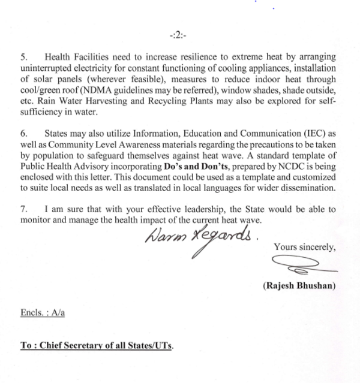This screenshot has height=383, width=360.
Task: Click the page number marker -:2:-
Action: (178, 35)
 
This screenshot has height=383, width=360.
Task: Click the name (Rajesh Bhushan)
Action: (299, 285)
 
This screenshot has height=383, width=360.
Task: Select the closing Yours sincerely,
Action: (304, 246)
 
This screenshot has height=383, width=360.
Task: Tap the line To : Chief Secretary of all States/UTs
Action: (97, 346)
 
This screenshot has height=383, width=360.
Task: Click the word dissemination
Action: (308, 188)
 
